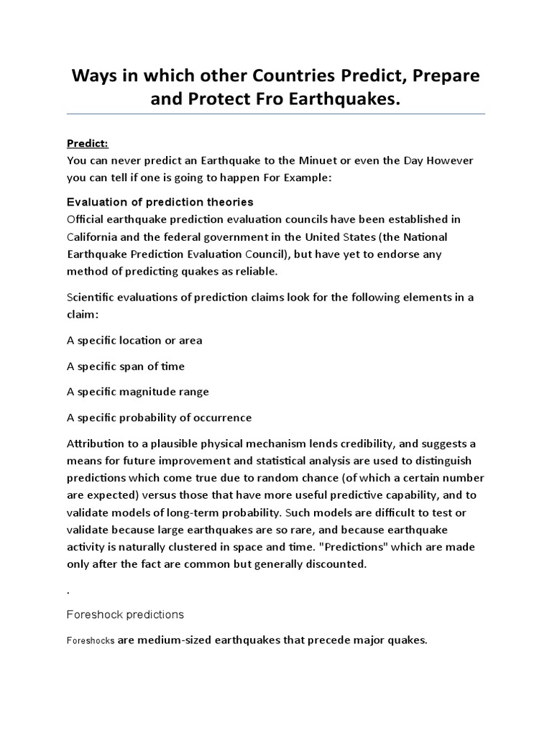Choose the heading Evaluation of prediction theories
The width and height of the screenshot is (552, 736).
(x=160, y=201)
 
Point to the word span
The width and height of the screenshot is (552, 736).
(x=129, y=366)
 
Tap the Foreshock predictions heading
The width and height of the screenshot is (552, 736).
(x=125, y=615)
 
